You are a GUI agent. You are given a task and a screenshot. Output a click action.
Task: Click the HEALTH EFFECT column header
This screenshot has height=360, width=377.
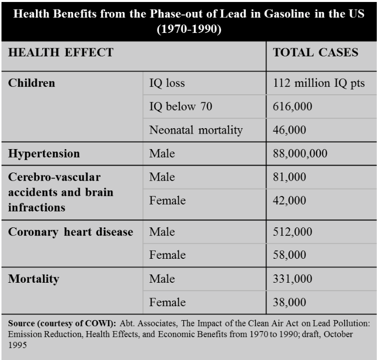[x=61, y=52]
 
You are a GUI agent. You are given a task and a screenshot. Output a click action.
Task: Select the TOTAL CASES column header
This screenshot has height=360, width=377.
[x=316, y=52]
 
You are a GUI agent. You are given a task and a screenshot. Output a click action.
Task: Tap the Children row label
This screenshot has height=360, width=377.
[x=31, y=83]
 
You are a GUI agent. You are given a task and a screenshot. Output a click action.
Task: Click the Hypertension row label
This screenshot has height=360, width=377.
[x=44, y=153]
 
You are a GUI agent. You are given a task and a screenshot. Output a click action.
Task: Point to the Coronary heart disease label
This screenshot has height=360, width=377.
[x=71, y=232]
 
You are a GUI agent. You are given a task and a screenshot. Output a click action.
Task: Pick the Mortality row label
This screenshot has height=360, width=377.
[x=33, y=279]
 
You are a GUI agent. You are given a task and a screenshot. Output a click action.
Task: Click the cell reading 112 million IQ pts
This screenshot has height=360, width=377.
[x=319, y=83]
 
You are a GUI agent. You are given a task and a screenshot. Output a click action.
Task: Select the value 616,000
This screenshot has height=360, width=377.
[x=292, y=106]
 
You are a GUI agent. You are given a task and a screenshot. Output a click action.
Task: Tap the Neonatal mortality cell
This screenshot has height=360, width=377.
[x=196, y=130]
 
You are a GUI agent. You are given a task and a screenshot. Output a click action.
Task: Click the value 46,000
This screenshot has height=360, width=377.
[x=289, y=130]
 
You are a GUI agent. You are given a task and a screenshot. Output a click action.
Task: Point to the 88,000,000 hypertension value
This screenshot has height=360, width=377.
[x=300, y=153]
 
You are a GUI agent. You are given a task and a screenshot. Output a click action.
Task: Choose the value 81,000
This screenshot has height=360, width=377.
[x=289, y=177]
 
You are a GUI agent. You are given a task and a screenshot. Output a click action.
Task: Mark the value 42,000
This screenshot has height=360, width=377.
[x=289, y=200]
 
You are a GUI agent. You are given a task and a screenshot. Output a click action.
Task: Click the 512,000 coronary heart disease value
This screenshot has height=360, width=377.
[x=292, y=232]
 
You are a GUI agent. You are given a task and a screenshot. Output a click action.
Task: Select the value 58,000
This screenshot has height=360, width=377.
[x=289, y=255]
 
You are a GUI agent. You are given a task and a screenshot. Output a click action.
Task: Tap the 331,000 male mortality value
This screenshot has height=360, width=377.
[x=292, y=279]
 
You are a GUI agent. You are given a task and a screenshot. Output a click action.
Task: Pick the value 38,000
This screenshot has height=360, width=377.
[x=289, y=302]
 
